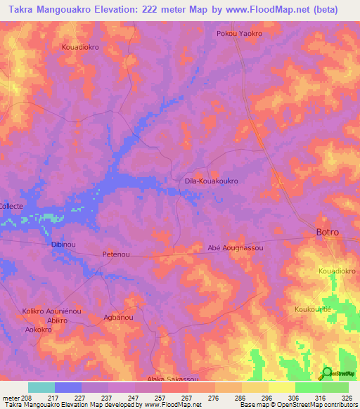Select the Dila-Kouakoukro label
[211, 181]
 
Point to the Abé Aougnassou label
[235, 248]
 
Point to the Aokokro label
[40, 329]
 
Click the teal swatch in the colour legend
[41, 387]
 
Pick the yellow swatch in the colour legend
[281, 387]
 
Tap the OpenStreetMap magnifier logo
[327, 374]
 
